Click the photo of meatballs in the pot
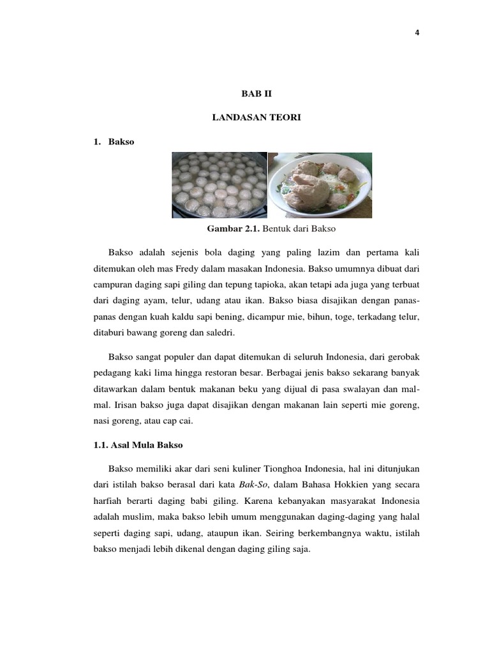click(x=219, y=185)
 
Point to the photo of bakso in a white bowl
click(x=320, y=185)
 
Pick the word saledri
click(x=220, y=332)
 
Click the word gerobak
click(x=402, y=355)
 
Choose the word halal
click(x=408, y=517)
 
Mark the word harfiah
click(x=108, y=501)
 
